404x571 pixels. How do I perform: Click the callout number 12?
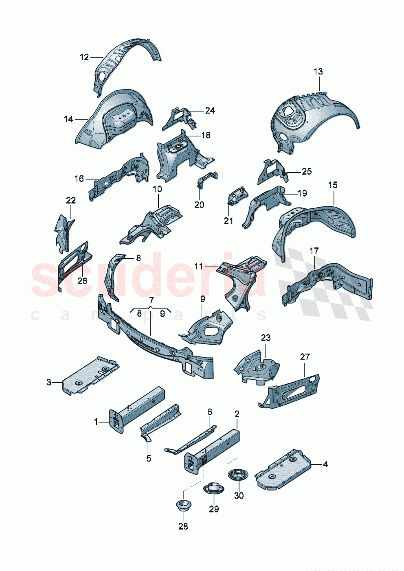coord(84,57)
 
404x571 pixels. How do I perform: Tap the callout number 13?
coord(318,72)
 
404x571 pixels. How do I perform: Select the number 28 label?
coord(183,526)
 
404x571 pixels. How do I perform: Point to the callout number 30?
coord(239,495)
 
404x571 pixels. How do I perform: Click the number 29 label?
coord(214,509)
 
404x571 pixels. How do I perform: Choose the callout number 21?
coord(228,221)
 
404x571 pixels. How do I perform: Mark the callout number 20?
coord(199,205)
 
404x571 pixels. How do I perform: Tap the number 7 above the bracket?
coord(151,300)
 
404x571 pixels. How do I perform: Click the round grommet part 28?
coord(182,505)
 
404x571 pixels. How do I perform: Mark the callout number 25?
coord(306,172)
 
